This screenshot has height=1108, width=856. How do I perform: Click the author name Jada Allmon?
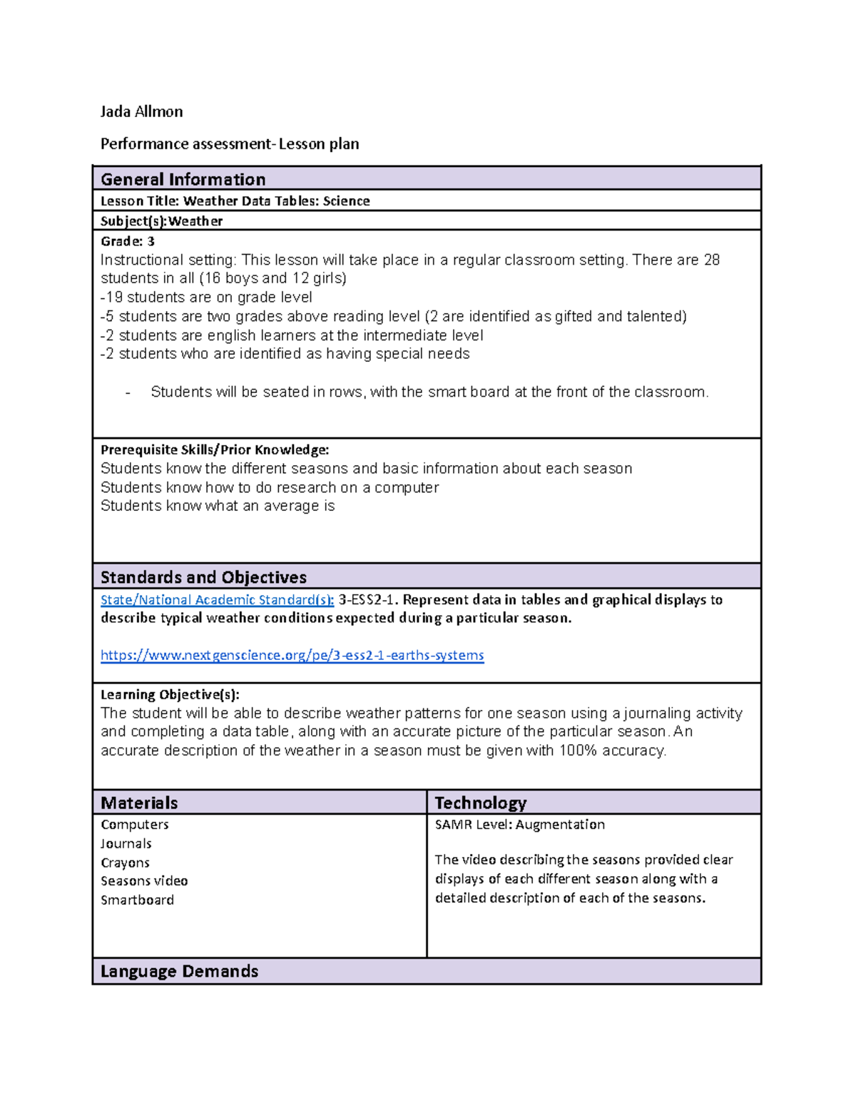click(x=141, y=111)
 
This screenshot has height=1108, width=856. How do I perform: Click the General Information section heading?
click(x=183, y=179)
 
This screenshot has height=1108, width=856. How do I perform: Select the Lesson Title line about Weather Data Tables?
click(x=235, y=201)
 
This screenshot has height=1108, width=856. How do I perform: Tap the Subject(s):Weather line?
click(x=161, y=221)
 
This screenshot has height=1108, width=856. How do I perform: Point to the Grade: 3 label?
click(x=128, y=241)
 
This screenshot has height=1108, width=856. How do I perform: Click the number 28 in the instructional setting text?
click(x=711, y=260)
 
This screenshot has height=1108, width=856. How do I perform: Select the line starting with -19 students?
click(x=206, y=298)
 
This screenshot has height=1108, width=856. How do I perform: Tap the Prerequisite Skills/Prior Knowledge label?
click(x=214, y=449)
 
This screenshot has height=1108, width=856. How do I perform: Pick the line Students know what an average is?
click(x=218, y=506)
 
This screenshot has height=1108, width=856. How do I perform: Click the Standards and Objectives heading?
click(x=203, y=577)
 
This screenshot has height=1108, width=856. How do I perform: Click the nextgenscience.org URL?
click(x=292, y=655)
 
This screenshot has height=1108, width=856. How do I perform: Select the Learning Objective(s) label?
click(x=170, y=694)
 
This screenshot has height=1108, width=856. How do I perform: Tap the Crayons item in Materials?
click(x=125, y=863)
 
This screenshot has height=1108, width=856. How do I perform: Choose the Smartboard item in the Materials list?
click(x=137, y=900)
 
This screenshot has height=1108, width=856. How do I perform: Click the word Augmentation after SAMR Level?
click(x=560, y=825)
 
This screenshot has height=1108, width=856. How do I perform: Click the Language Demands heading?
click(x=179, y=971)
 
